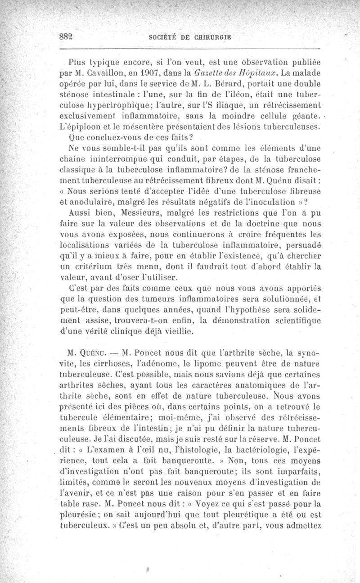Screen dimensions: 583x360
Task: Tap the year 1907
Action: [x=146, y=72]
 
